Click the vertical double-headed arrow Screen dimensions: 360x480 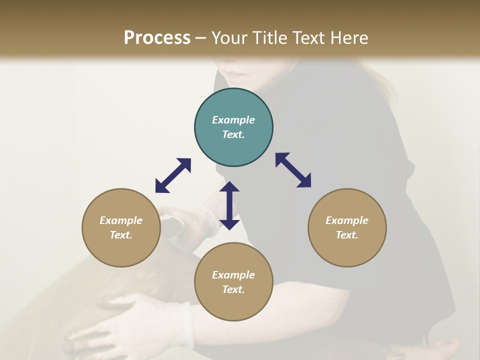(229, 205)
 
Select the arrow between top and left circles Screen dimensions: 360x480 (173, 175)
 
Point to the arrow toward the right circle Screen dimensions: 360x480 (293, 170)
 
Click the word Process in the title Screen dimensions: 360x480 (157, 38)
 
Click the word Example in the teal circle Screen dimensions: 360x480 (233, 120)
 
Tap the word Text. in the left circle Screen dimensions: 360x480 (121, 235)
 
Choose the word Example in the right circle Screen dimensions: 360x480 (347, 220)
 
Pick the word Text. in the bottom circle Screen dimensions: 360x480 (233, 289)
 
